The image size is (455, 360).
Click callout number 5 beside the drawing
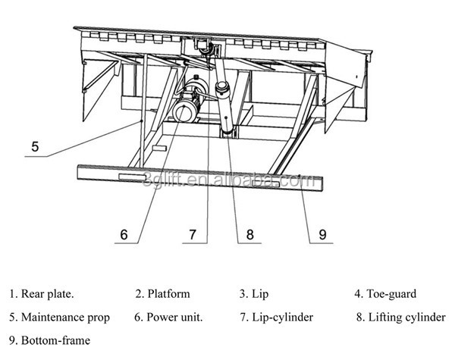click(36, 144)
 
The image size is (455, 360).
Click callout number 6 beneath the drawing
click(125, 234)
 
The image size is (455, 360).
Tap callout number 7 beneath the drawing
click(193, 234)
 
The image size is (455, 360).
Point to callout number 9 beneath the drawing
click(322, 235)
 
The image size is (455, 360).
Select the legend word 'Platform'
click(168, 293)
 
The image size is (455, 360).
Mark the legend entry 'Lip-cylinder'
click(281, 317)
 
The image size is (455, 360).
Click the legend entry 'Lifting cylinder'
click(406, 317)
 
